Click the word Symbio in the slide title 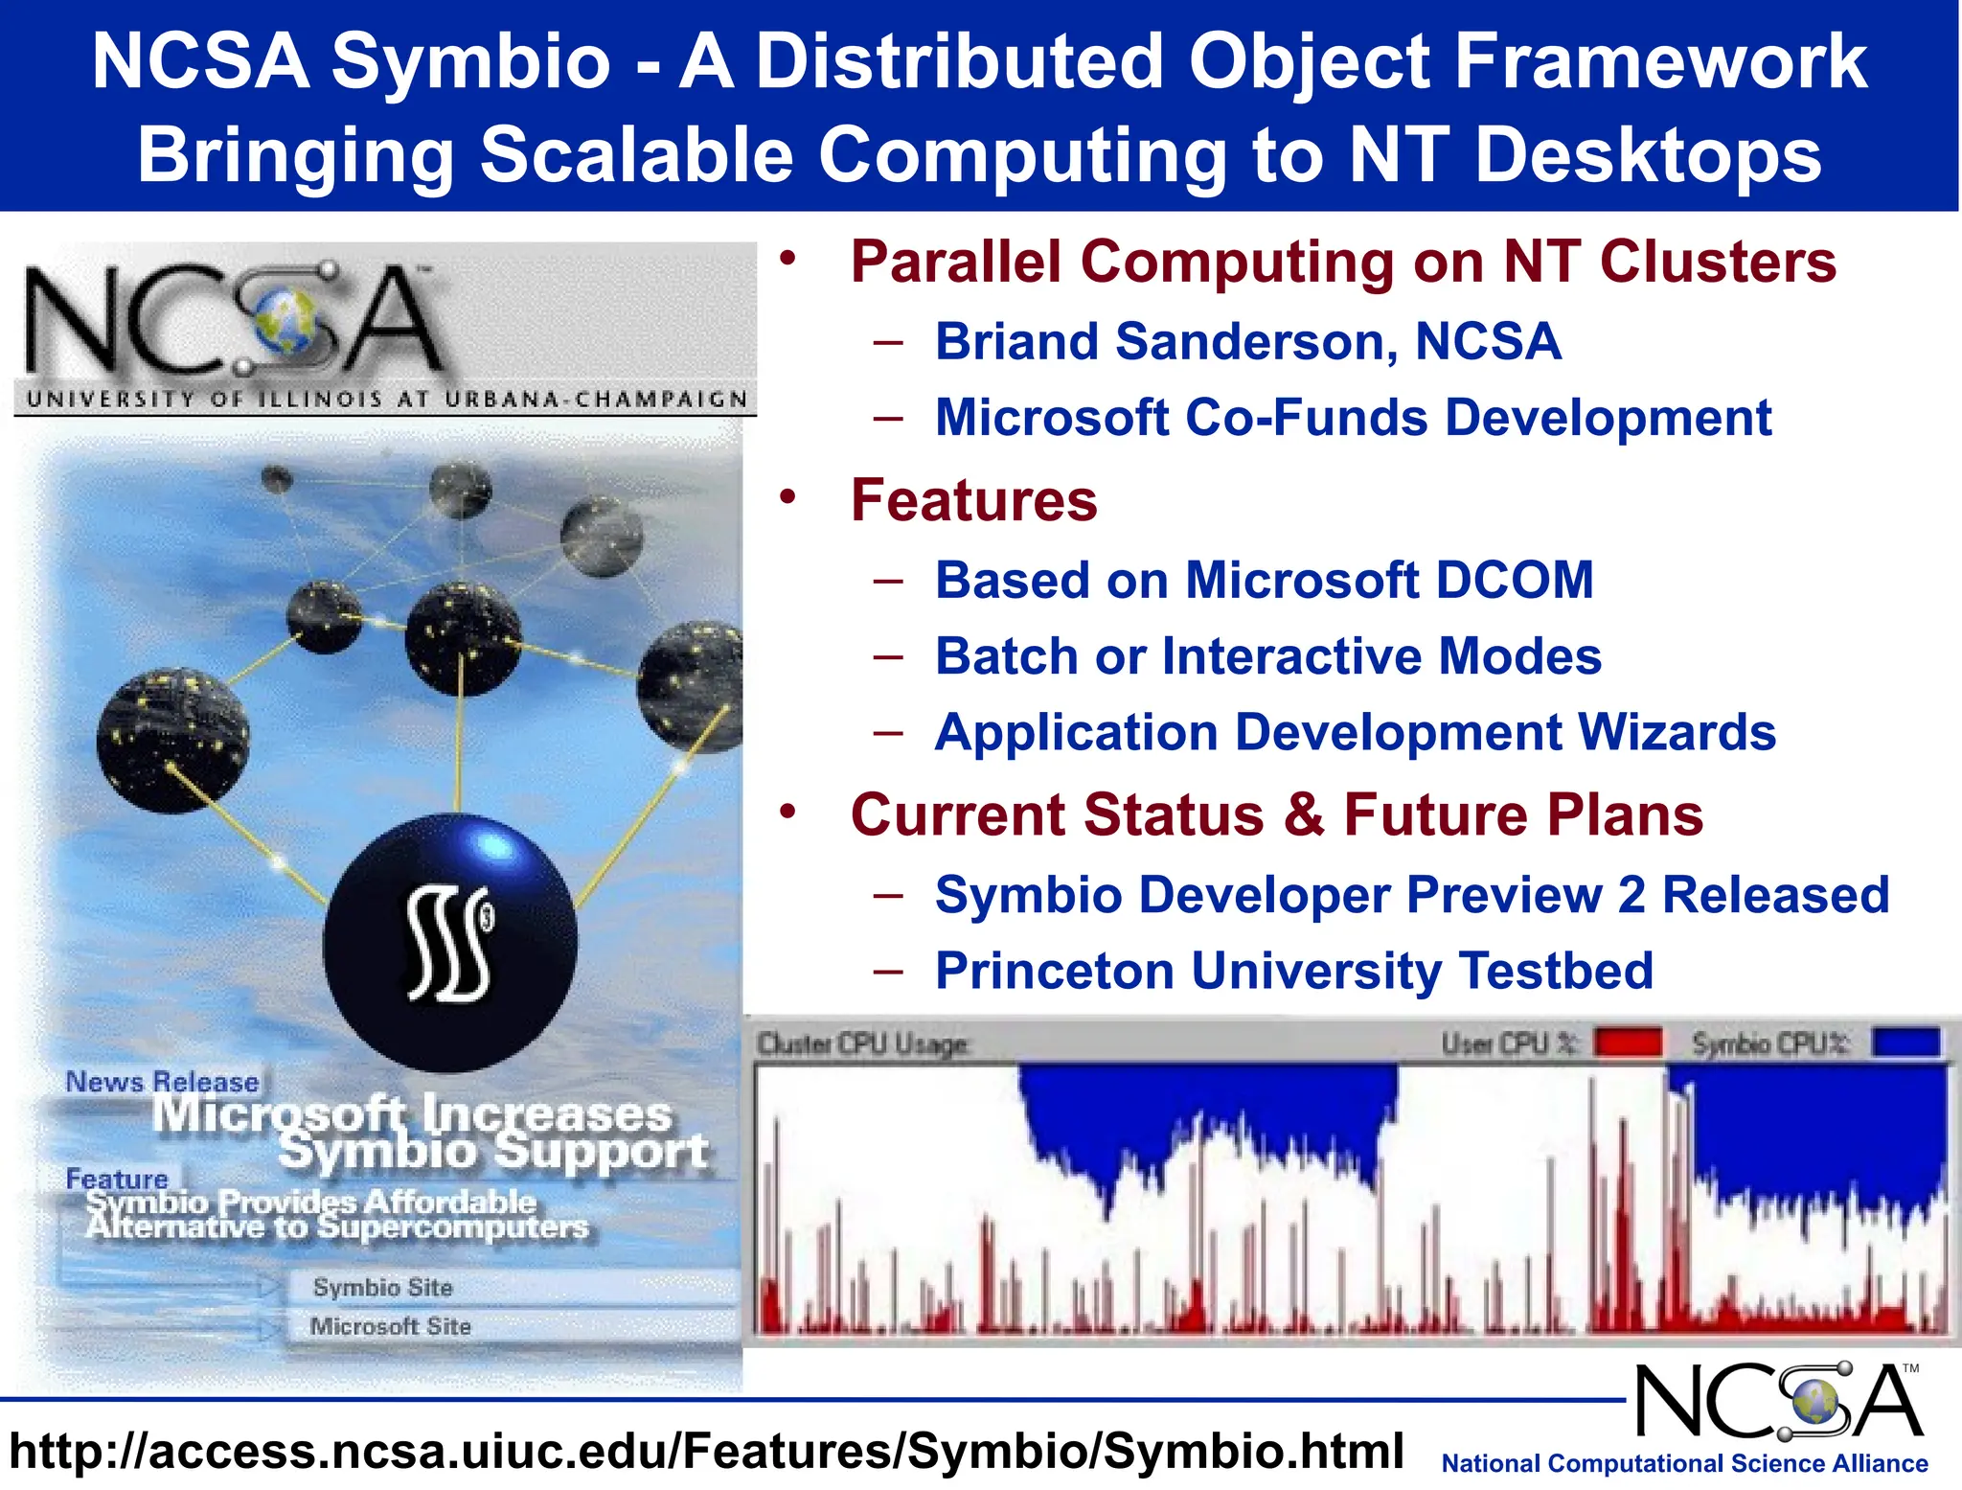(x=470, y=62)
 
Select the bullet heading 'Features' (x=973, y=500)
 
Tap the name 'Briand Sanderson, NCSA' (x=1247, y=342)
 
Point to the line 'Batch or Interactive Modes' (x=1267, y=657)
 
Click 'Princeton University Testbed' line (x=1293, y=971)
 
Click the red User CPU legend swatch (x=1628, y=1043)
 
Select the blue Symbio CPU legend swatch (x=1906, y=1043)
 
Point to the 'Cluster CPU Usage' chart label (x=862, y=1044)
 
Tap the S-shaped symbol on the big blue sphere (x=450, y=944)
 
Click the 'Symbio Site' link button (x=382, y=1288)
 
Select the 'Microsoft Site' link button (x=390, y=1327)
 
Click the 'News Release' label (x=162, y=1083)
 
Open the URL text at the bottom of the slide (x=706, y=1451)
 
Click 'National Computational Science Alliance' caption (x=1684, y=1464)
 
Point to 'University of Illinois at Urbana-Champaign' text (x=386, y=400)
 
